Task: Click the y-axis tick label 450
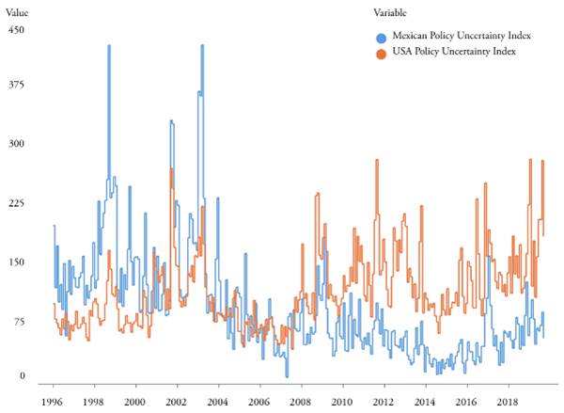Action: pyautogui.click(x=15, y=30)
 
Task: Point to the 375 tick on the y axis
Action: pyautogui.click(x=15, y=85)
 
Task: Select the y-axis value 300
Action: pyautogui.click(x=15, y=144)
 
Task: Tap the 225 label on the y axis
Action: pyautogui.click(x=15, y=203)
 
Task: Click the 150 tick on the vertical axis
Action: pyautogui.click(x=15, y=262)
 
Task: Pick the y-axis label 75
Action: pyautogui.click(x=17, y=322)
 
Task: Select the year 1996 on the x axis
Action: pyautogui.click(x=53, y=400)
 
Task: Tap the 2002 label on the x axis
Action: pyautogui.click(x=177, y=400)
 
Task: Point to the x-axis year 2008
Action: pyautogui.click(x=301, y=400)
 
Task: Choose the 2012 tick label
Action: pyautogui.click(x=384, y=400)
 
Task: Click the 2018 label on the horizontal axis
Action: pyautogui.click(x=508, y=400)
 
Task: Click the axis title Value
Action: pyautogui.click(x=18, y=12)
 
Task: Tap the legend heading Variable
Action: pyautogui.click(x=389, y=12)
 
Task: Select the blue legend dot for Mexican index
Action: pyautogui.click(x=380, y=37)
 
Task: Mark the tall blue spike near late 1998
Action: pyautogui.click(x=109, y=47)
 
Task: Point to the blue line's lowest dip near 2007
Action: pyautogui.click(x=287, y=375)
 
